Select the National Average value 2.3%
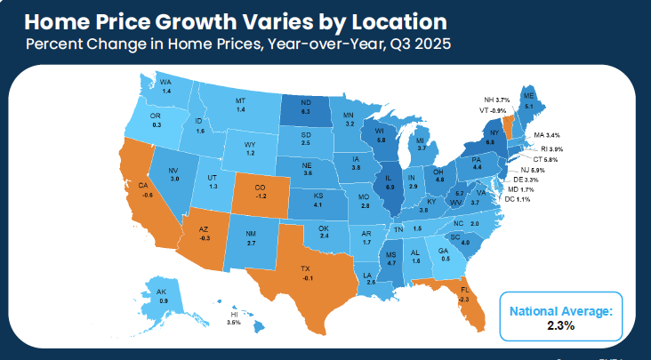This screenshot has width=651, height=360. click(560, 325)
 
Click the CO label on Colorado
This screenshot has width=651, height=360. click(260, 187)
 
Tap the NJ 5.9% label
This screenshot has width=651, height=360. click(532, 169)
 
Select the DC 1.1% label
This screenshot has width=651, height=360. click(518, 199)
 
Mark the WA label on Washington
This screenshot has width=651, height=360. click(166, 84)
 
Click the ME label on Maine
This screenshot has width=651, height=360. click(528, 96)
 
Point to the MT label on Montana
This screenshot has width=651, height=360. click(240, 101)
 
